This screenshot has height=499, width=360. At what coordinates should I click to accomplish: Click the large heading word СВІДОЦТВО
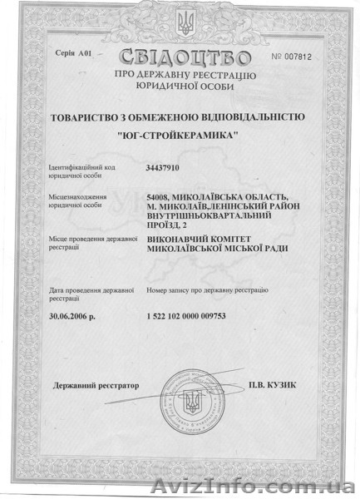click(x=185, y=57)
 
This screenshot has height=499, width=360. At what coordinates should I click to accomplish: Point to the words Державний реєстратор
click(x=96, y=387)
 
